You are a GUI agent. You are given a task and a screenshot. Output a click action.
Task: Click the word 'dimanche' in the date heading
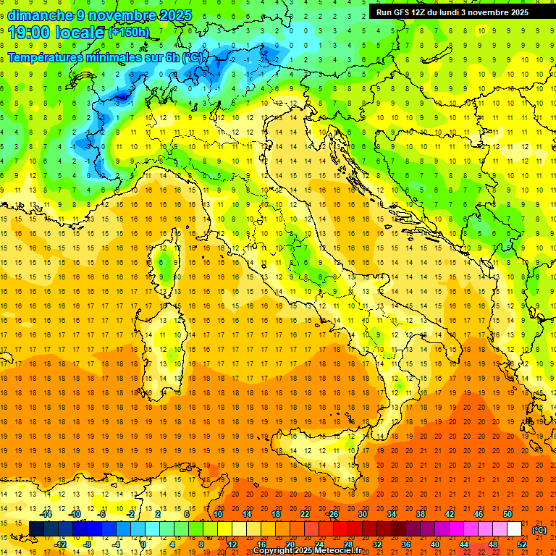(40, 15)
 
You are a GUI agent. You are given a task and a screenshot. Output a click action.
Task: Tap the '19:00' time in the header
(30, 33)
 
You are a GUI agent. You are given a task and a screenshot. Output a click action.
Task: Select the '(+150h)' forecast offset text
(129, 33)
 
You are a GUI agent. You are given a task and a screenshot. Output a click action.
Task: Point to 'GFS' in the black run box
(401, 12)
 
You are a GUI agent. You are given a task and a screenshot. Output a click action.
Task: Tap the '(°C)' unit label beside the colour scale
(539, 530)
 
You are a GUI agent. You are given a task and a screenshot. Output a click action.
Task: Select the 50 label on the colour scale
(507, 513)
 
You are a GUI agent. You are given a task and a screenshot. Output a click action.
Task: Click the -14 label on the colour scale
(46, 513)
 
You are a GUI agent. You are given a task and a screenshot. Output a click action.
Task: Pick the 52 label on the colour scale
(522, 544)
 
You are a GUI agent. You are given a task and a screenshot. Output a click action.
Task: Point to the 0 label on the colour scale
(143, 544)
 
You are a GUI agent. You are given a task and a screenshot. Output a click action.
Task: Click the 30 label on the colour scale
(362, 513)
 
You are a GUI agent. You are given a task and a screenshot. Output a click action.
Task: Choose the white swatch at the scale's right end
(515, 529)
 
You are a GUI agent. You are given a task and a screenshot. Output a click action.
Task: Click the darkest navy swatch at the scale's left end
(36, 529)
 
